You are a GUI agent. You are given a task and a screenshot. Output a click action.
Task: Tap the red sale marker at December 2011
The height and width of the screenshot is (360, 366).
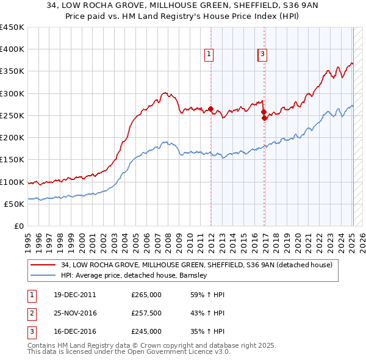pos(211,110)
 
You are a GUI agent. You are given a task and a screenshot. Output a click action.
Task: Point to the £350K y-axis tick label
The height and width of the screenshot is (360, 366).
pos(12,71)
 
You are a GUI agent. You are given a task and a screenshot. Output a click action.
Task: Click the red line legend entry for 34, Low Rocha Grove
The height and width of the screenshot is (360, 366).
pos(196,265)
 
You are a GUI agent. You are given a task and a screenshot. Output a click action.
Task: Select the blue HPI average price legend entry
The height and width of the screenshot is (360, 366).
pos(134,275)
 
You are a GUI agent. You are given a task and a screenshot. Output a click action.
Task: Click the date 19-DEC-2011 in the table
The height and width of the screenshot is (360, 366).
pos(74,295)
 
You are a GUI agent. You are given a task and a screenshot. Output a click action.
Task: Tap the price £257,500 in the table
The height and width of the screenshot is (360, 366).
pos(146,313)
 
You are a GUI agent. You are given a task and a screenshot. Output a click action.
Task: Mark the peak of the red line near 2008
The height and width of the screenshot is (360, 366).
pos(165,92)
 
